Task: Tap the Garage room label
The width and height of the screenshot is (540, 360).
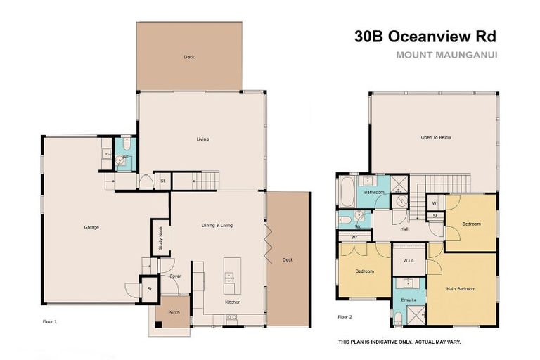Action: click(91, 227)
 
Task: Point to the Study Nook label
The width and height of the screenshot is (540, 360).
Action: click(160, 238)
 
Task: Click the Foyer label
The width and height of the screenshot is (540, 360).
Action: click(176, 276)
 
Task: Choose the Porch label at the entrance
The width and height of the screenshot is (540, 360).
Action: click(174, 311)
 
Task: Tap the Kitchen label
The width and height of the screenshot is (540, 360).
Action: click(233, 302)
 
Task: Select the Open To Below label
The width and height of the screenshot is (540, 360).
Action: click(435, 137)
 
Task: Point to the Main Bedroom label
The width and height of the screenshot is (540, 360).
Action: click(461, 288)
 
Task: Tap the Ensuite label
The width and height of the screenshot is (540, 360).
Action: click(409, 300)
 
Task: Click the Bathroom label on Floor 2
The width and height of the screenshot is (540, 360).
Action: click(374, 192)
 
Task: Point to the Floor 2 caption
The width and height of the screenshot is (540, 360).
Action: click(345, 317)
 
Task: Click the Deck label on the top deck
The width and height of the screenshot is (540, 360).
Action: click(189, 57)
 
